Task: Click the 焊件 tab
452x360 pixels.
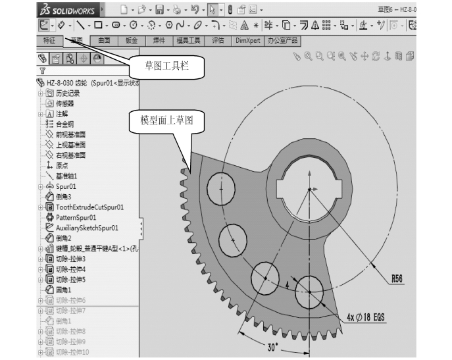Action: pos(159,40)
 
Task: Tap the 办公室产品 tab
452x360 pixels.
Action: pos(284,40)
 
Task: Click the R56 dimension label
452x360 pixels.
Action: pos(397,278)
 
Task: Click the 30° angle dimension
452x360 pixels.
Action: pos(272,346)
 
